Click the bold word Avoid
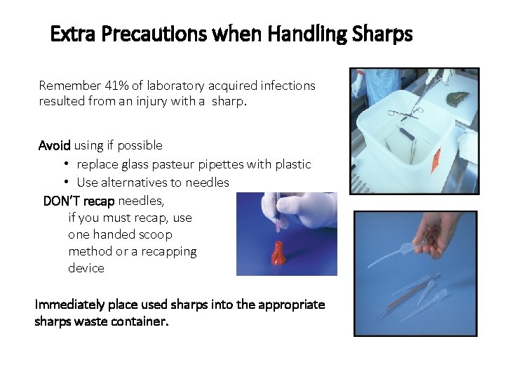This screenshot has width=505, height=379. (x=54, y=145)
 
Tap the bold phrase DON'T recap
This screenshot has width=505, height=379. (x=79, y=201)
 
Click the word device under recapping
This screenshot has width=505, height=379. (x=86, y=268)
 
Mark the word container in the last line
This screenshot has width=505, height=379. (x=140, y=321)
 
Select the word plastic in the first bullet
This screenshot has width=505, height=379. (x=292, y=164)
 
